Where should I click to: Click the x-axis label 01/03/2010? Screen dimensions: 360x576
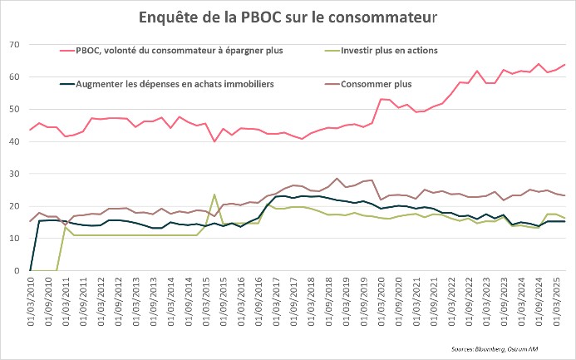tap(31, 301)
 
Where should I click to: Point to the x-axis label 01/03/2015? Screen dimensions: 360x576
tap(214, 301)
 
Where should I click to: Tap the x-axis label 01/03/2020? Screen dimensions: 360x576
tap(382, 301)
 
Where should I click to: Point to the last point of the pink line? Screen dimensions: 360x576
tap(565, 65)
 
